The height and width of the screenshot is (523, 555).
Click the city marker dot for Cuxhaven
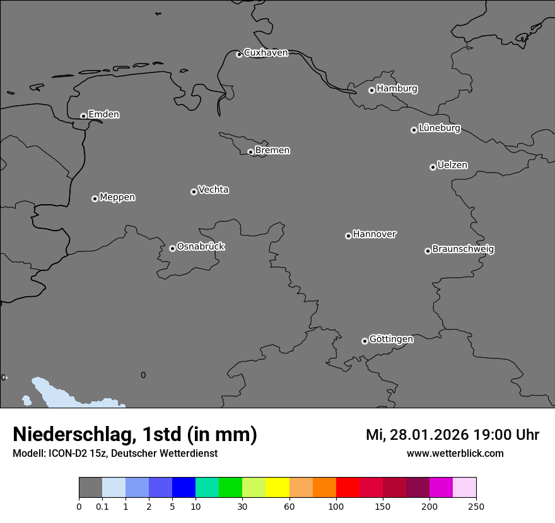point(239,54)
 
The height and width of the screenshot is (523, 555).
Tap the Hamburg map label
point(397,89)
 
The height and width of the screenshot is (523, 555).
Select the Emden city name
point(103,115)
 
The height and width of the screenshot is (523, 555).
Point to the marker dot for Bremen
point(250,152)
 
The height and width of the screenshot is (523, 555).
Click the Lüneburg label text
point(439,129)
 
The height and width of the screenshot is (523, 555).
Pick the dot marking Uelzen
point(433,167)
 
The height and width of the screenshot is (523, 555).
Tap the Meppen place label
point(117,197)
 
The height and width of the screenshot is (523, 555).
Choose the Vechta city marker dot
point(194,192)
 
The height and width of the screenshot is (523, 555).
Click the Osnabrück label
point(201,246)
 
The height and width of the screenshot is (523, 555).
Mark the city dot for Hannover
point(348,236)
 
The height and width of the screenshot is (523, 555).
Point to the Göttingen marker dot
point(365,341)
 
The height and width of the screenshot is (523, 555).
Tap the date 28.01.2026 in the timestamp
point(428,435)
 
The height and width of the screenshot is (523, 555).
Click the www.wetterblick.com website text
point(455,453)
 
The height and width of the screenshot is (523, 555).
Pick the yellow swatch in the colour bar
point(277,488)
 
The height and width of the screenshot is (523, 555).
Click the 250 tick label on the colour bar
point(476,506)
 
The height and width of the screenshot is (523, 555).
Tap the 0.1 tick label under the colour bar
point(102,506)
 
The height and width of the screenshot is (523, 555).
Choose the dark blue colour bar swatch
point(184,488)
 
